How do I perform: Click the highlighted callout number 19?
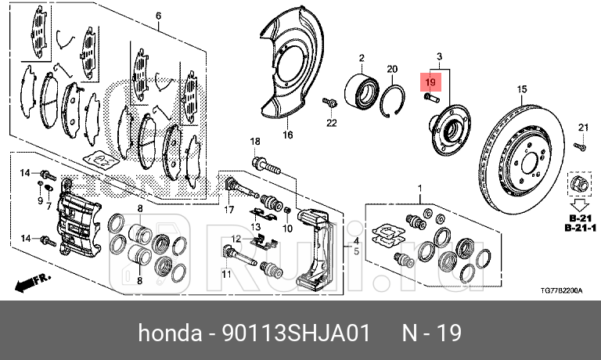tap(430, 81)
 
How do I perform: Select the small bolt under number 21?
tap(580, 146)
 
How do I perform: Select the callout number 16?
tap(287, 135)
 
